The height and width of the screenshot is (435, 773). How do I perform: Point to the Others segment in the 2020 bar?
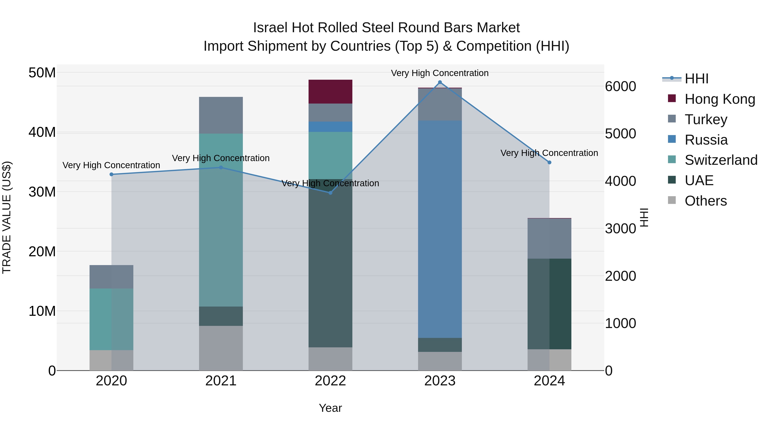pos(111,360)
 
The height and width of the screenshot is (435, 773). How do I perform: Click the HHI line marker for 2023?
pos(440,82)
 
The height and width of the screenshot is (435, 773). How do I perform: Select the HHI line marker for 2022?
pos(330,193)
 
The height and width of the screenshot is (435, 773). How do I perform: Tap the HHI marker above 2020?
pos(111,174)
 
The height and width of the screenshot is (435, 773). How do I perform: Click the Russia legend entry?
pos(706,140)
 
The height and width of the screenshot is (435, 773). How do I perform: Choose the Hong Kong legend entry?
pos(720,99)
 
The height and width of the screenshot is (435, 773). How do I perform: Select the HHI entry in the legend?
pos(696,79)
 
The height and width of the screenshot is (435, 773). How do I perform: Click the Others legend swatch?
pos(672,200)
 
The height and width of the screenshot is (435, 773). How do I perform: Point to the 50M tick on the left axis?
pos(42,73)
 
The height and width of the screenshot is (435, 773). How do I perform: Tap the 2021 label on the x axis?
pos(221,381)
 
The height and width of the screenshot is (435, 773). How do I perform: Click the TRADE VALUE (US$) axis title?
pos(7,217)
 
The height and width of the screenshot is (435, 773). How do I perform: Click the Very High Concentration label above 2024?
pos(549,153)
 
